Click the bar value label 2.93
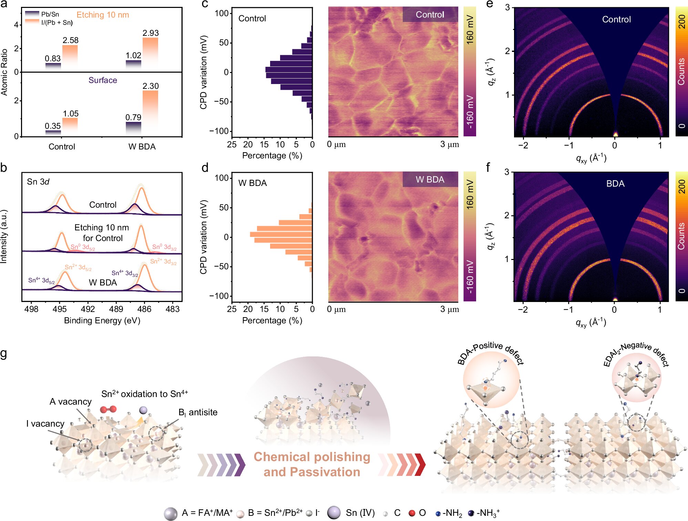click(151, 33)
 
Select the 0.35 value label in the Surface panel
click(52, 126)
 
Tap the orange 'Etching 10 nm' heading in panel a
click(103, 15)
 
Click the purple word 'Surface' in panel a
click(103, 80)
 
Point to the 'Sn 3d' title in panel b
click(38, 182)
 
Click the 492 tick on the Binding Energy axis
click(88, 309)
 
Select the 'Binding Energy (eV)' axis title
click(102, 321)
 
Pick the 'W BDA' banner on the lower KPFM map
click(430, 179)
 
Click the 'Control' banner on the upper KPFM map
click(430, 14)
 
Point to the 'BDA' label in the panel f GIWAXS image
click(615, 184)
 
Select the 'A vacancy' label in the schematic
click(71, 402)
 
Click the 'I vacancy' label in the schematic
click(45, 424)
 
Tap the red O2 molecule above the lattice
click(108, 409)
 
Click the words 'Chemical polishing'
click(312, 457)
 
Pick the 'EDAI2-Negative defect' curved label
click(636, 353)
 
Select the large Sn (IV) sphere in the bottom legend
click(334, 512)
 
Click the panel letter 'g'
click(4, 353)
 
